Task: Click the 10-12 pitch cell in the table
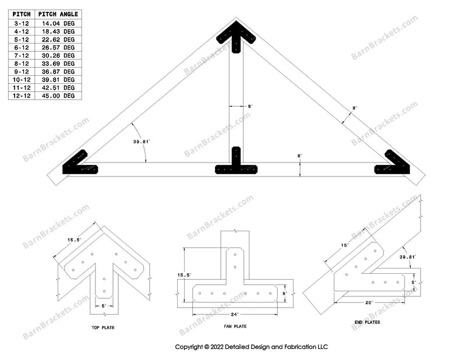[x=21, y=79]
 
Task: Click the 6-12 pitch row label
[x=21, y=47]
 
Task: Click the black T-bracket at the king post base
[x=236, y=164]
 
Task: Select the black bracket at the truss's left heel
[x=80, y=165]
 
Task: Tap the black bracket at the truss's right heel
[x=393, y=164]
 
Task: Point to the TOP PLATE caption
[x=104, y=328]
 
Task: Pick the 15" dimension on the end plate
[x=344, y=245]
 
